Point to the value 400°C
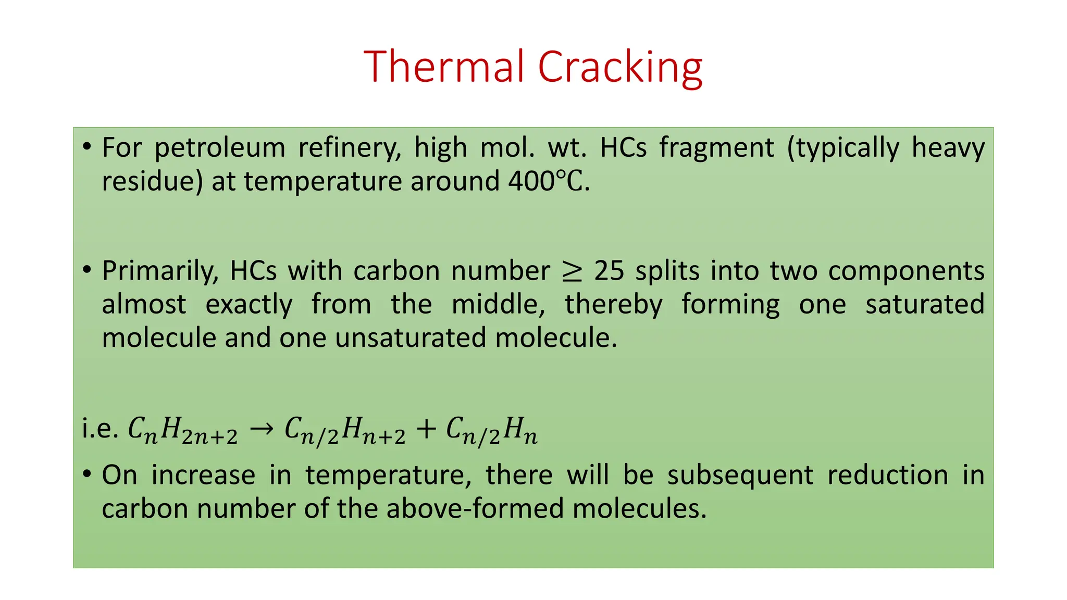[x=549, y=181]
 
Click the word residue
[x=152, y=182]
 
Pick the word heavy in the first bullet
[x=948, y=148]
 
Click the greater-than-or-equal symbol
[x=572, y=271]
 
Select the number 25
[x=609, y=271]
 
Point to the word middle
[x=498, y=304]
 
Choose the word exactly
[x=249, y=305]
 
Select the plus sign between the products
[x=426, y=429]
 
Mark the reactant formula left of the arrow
[x=183, y=431]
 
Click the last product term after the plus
[x=492, y=431]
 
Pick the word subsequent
[x=740, y=475]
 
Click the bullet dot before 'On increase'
[x=87, y=474]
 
